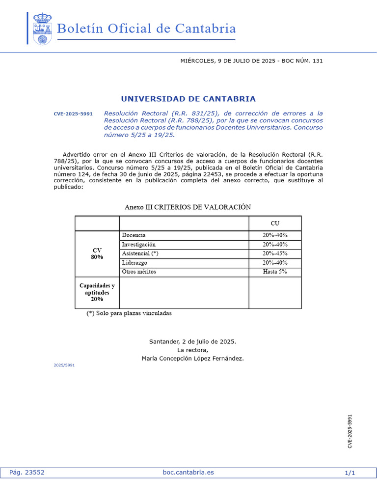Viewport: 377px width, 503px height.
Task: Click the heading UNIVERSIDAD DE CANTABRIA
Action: (188, 99)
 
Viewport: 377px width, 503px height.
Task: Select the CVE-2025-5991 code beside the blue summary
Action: (73, 114)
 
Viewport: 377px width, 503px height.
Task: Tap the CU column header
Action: (275, 224)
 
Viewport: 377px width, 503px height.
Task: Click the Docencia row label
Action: (134, 235)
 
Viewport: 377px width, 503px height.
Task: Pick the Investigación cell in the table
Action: (139, 244)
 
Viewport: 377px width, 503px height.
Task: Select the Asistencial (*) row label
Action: (140, 253)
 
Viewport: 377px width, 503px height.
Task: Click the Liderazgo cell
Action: (135, 263)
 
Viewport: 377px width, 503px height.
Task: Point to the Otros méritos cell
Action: (139, 272)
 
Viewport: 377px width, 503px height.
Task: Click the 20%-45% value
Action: (275, 253)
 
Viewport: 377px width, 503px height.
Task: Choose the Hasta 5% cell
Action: (275, 272)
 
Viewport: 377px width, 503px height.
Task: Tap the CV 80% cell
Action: (97, 253)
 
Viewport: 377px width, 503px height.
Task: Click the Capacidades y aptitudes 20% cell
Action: (97, 292)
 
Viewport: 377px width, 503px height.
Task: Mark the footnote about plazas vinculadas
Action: (129, 313)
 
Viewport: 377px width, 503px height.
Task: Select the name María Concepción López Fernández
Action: (192, 359)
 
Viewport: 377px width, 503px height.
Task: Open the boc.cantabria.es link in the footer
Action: (188, 473)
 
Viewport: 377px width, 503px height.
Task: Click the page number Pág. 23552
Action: (27, 473)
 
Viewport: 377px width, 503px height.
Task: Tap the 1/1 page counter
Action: (350, 473)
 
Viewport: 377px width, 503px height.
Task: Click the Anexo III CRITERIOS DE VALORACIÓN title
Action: (188, 207)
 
